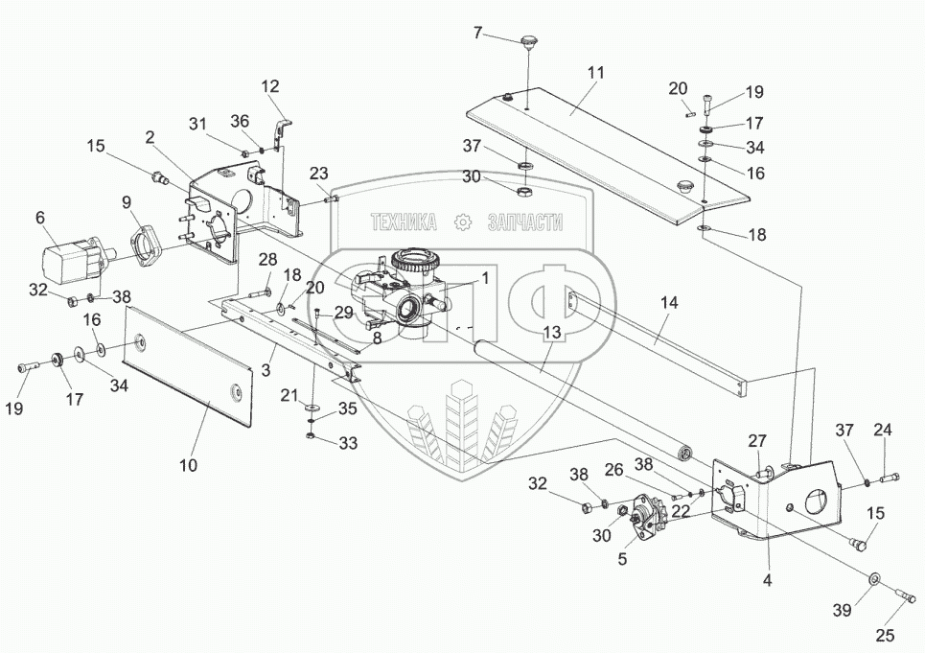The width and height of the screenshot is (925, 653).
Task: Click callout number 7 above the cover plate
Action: (x=478, y=34)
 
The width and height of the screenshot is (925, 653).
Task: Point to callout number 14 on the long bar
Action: (x=668, y=302)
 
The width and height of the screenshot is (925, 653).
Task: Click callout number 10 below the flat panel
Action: (x=188, y=465)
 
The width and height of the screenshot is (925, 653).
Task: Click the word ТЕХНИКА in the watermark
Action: (x=404, y=223)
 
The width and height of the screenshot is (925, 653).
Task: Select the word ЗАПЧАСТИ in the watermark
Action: (x=525, y=223)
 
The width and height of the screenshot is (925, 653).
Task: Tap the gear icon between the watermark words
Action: (x=464, y=223)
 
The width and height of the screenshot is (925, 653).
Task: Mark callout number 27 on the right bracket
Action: (x=758, y=440)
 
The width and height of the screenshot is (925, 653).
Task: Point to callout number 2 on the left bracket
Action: (x=150, y=137)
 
